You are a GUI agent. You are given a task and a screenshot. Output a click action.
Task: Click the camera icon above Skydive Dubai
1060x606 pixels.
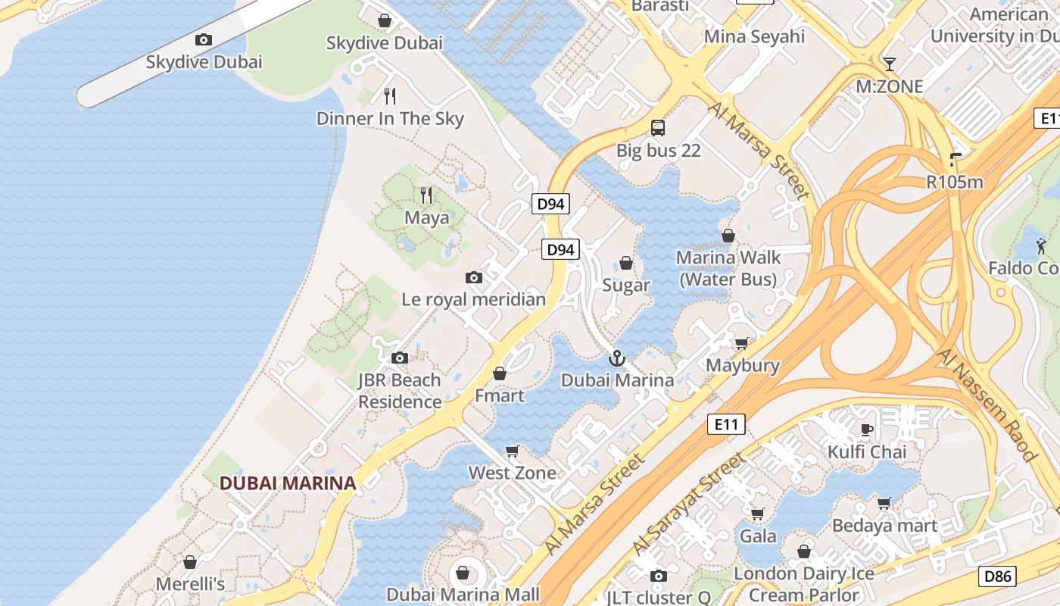[203, 39]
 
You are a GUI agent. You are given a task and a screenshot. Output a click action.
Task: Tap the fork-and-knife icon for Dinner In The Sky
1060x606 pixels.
[390, 95]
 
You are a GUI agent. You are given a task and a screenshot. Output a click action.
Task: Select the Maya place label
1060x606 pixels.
[426, 218]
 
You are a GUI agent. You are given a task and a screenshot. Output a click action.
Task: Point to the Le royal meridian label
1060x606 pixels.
[473, 299]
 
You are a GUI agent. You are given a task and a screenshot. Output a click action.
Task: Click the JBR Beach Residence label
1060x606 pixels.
[399, 391]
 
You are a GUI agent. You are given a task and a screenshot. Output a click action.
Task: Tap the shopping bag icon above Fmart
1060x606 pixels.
[500, 373]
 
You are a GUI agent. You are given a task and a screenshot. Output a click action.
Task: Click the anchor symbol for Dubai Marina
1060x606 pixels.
[617, 358]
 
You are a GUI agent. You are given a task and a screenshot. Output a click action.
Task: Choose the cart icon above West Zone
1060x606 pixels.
[513, 451]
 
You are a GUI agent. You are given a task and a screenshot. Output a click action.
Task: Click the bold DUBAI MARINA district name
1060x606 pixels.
[288, 483]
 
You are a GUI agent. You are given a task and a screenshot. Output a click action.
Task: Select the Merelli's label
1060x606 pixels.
[190, 584]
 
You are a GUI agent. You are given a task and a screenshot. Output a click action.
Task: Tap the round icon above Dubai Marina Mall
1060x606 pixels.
[463, 572]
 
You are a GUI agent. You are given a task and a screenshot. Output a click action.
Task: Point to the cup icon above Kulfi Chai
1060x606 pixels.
[867, 430]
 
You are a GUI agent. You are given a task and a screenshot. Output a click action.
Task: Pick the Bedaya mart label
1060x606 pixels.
[884, 526]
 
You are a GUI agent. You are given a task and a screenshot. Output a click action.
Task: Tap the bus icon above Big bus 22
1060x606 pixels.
[658, 128]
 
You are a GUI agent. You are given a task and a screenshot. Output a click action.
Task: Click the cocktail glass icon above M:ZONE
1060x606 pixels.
[890, 64]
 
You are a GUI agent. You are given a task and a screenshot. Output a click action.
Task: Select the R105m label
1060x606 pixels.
[955, 182]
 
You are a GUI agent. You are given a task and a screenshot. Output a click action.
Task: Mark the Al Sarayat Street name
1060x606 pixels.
[689, 503]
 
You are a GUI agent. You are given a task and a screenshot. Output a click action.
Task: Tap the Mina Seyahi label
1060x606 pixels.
[754, 36]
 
